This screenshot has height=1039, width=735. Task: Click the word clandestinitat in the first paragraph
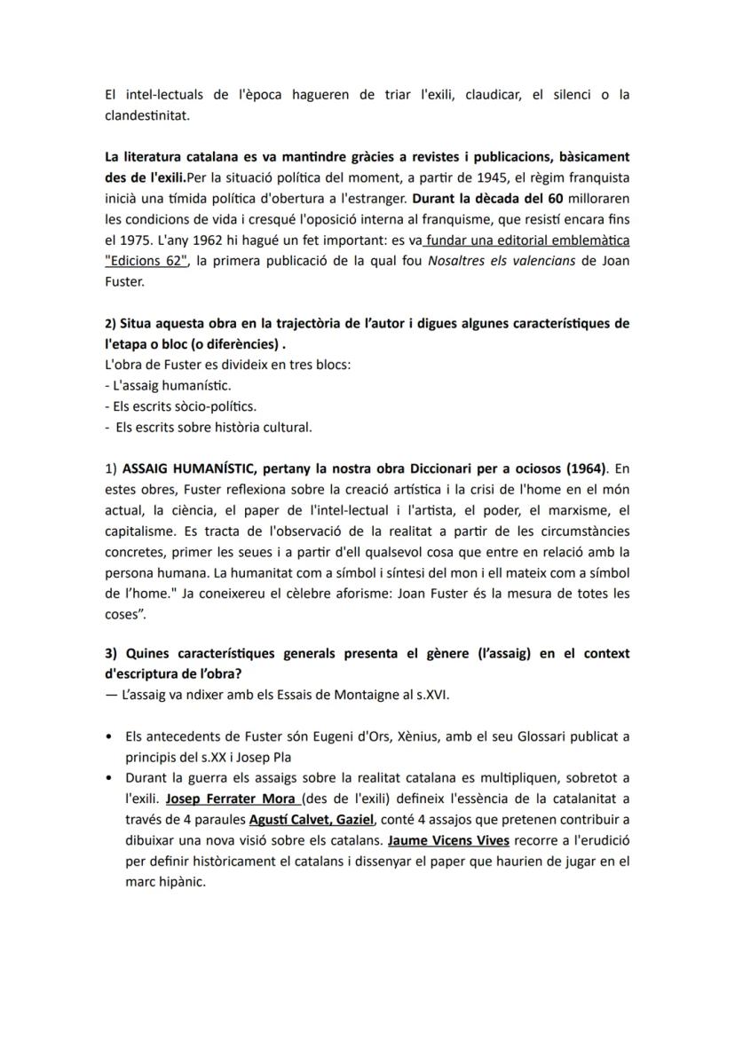point(146,114)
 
